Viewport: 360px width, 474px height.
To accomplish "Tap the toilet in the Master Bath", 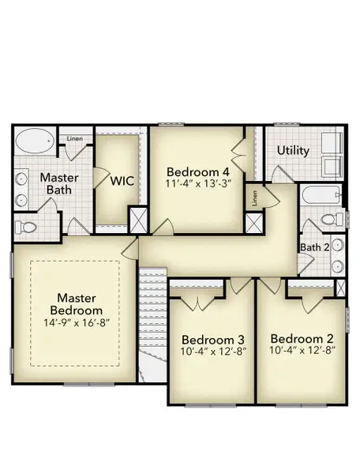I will coord(28,227).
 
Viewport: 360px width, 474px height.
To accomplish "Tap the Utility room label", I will coord(292,150).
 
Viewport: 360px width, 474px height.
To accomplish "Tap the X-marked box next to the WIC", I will coord(137,219).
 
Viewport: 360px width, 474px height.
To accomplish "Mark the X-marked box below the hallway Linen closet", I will coord(254,224).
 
